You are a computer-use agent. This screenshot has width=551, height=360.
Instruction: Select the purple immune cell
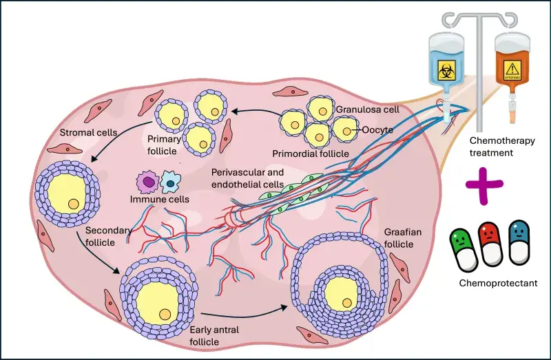(x=147, y=182)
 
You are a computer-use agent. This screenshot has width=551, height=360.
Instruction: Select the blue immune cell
(x=169, y=183)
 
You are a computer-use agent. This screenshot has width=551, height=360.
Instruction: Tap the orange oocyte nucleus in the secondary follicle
(x=74, y=204)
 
